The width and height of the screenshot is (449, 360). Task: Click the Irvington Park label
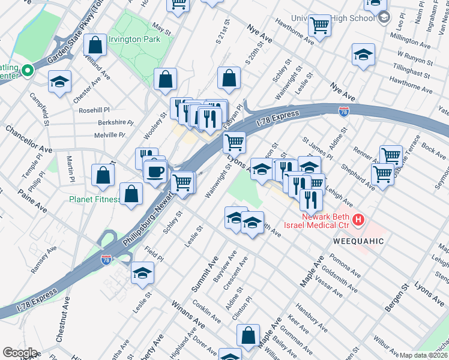pyautogui.click(x=134, y=39)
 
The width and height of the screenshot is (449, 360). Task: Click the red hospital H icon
pyautogui.click(x=358, y=220)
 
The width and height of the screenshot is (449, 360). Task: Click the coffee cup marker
pyautogui.click(x=155, y=171)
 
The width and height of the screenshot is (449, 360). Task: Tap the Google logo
pyautogui.click(x=20, y=353)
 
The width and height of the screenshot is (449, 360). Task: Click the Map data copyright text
pyautogui.click(x=424, y=355)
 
